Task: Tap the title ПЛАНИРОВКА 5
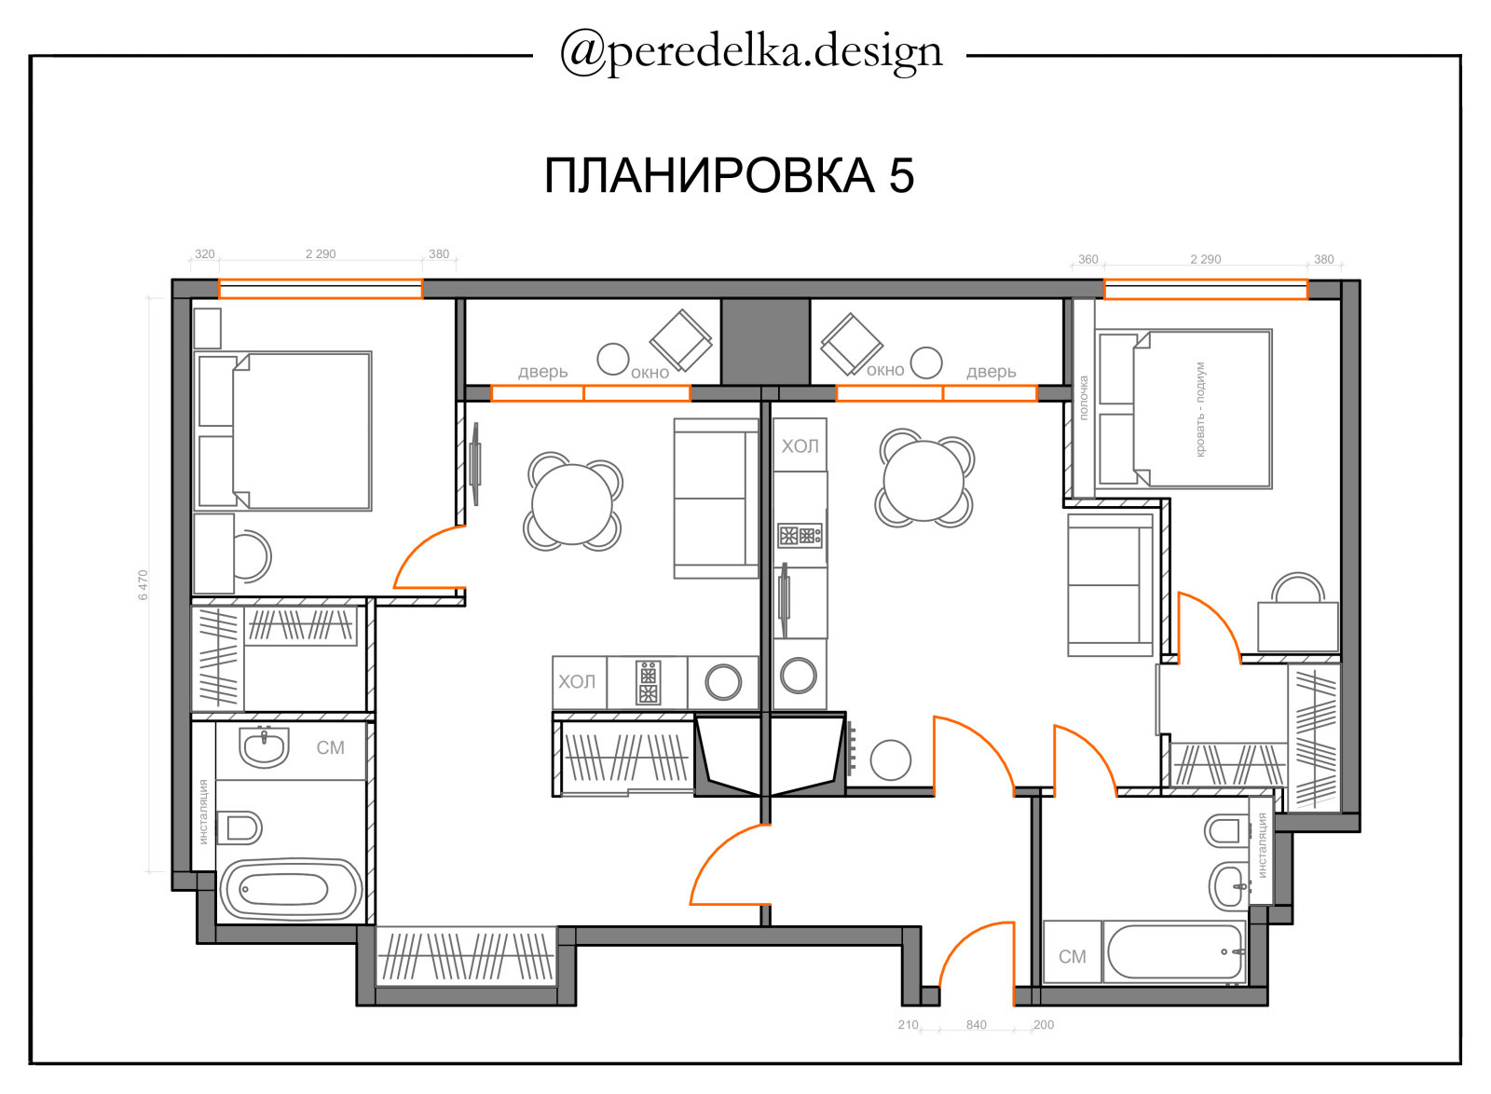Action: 729,176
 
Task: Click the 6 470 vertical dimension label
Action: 144,585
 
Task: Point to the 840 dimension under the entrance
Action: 976,1025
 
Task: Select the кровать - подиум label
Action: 1200,409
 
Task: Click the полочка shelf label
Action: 1083,398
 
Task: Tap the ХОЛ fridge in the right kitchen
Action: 800,445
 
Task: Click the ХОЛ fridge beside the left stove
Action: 579,681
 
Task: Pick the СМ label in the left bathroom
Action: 330,748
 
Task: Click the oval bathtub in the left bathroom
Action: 291,890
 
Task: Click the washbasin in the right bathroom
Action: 1229,885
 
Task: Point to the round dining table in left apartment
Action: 572,504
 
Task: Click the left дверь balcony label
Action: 542,371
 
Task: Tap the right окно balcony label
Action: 884,370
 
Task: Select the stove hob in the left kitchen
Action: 648,683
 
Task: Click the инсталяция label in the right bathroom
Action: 1262,845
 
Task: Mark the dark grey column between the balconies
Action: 765,341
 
